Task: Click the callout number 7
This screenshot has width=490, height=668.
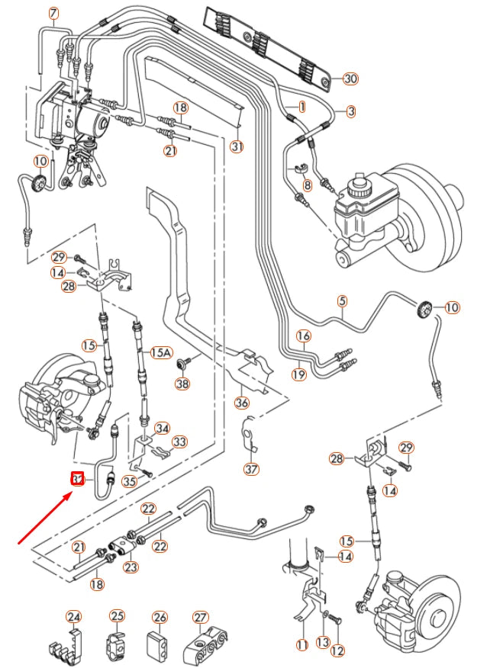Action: pyautogui.click(x=53, y=14)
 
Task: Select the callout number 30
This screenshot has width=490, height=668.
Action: pyautogui.click(x=350, y=79)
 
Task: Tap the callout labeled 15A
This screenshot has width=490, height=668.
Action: pyautogui.click(x=161, y=352)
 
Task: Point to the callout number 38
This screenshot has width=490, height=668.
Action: pyautogui.click(x=182, y=384)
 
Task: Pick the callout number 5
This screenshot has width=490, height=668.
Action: pyautogui.click(x=343, y=301)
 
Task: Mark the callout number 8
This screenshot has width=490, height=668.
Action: pyautogui.click(x=307, y=185)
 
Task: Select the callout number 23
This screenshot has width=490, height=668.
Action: pyautogui.click(x=131, y=567)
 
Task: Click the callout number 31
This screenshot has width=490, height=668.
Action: pyautogui.click(x=237, y=146)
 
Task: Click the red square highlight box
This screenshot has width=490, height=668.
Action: pyautogui.click(x=77, y=479)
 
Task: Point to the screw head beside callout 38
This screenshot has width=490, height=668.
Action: pyautogui.click(x=182, y=364)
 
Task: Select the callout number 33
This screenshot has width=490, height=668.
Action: pyautogui.click(x=179, y=442)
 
